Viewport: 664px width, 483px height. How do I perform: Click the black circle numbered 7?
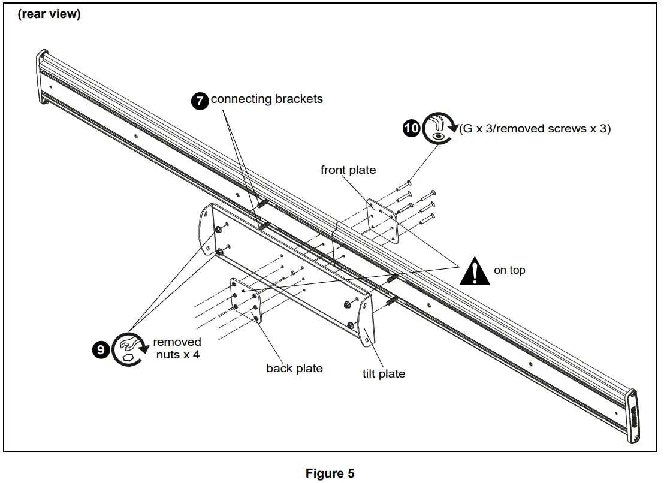(200, 101)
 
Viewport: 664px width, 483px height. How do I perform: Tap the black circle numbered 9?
(101, 349)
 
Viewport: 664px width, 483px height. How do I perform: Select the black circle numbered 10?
(411, 128)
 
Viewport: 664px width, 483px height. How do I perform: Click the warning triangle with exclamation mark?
(475, 271)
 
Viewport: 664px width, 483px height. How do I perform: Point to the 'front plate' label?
(348, 170)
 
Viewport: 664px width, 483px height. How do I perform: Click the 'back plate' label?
(294, 369)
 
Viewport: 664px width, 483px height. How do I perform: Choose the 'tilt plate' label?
(384, 374)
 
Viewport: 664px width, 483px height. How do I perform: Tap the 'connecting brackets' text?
(267, 99)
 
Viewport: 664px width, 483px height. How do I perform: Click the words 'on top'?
(509, 270)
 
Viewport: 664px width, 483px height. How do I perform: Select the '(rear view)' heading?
(49, 14)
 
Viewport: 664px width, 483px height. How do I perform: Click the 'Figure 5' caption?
(330, 473)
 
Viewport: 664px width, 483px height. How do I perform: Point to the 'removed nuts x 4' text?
(177, 348)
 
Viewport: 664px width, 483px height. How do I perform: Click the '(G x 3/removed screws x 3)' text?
(535, 129)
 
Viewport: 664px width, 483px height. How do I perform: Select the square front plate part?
(382, 221)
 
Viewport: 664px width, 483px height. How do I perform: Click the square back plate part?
(246, 301)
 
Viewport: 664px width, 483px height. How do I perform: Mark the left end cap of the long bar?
(42, 77)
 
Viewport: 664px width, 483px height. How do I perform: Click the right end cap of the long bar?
(632, 416)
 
